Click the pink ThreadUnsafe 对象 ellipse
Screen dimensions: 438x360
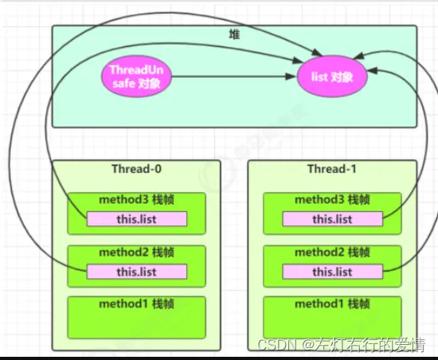(x=136, y=76)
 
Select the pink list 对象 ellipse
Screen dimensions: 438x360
(x=332, y=76)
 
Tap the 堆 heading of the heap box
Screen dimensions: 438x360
(x=234, y=34)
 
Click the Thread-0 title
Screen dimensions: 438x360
(x=137, y=169)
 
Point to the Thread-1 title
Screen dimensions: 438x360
(x=332, y=169)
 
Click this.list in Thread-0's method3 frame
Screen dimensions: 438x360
(x=137, y=219)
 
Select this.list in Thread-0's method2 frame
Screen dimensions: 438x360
(x=137, y=272)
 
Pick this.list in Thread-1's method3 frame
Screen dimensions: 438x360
(x=332, y=219)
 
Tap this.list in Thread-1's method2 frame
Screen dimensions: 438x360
(x=332, y=272)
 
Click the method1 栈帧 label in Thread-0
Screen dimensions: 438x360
(x=137, y=304)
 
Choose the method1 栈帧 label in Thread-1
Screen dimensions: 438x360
(x=332, y=304)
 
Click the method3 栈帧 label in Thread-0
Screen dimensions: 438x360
(x=137, y=200)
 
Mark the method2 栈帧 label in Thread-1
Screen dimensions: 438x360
(x=332, y=252)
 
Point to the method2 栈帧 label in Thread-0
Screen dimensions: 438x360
(x=137, y=252)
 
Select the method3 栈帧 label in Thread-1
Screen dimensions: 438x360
(x=332, y=200)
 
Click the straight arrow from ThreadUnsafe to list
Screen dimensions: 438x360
(x=233, y=76)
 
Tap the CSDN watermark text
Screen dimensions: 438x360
(x=341, y=345)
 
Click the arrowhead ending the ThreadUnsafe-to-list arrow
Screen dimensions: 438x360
(x=291, y=76)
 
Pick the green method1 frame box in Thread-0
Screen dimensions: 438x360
(x=137, y=318)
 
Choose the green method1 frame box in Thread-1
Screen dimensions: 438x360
(x=332, y=318)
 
